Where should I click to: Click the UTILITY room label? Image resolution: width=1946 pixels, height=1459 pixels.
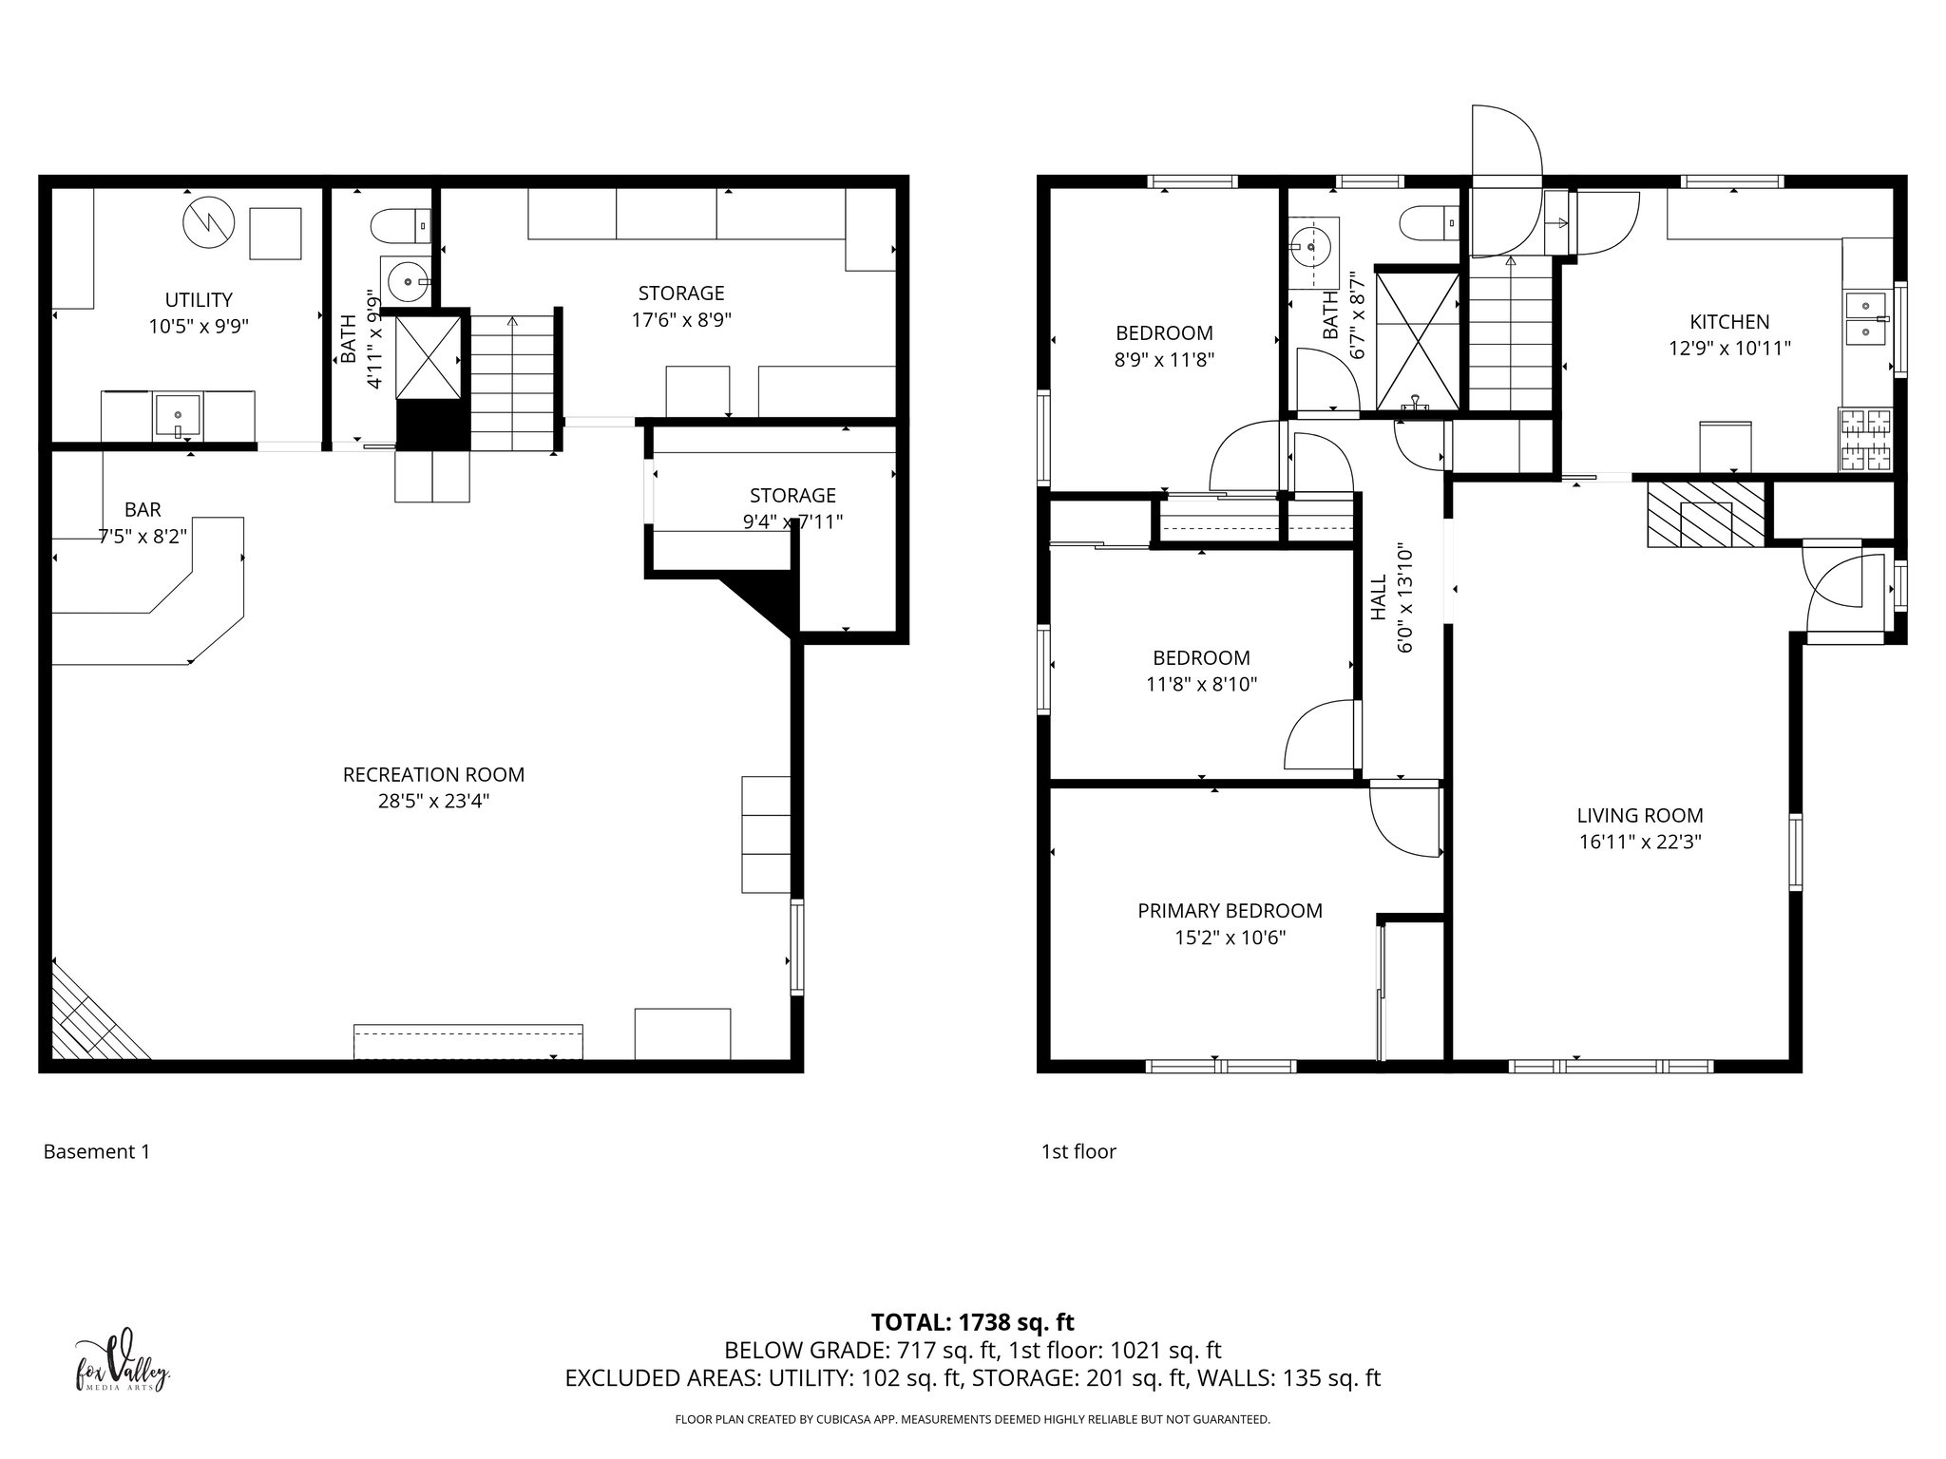(199, 300)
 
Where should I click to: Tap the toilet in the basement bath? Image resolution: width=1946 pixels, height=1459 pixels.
(393, 226)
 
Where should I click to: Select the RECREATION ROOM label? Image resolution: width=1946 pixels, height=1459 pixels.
(433, 775)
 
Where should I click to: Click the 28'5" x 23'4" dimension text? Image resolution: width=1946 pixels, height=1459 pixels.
(433, 802)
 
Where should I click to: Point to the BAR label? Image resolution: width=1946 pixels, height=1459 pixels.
(143, 509)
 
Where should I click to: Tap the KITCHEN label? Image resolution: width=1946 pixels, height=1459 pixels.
(1729, 322)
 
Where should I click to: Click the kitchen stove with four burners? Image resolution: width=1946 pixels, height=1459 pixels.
(1865, 440)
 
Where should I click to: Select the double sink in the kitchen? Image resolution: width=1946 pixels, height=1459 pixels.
(1867, 319)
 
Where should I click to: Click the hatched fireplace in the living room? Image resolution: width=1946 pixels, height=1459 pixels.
(1706, 514)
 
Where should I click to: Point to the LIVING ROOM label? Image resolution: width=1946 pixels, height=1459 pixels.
(1640, 815)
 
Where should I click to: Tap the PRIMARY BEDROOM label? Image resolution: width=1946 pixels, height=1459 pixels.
(1230, 911)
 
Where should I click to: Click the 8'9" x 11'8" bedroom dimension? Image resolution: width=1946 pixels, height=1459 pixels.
(1164, 360)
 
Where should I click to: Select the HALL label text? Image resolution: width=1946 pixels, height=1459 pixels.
(1380, 597)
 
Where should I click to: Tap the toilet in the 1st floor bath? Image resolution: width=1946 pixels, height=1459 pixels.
(1426, 223)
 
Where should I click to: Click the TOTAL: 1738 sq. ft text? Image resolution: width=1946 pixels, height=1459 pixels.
(972, 1322)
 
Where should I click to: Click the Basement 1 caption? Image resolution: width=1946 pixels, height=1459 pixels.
(97, 1152)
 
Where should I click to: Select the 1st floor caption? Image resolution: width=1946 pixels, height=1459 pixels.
(1078, 1152)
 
